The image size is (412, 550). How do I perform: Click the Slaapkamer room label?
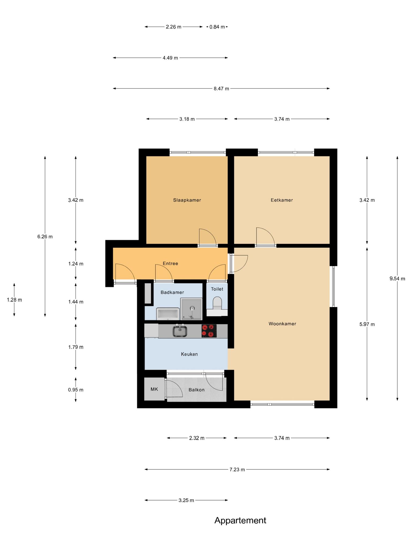coord(187,200)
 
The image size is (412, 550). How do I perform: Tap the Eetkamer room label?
coord(282,200)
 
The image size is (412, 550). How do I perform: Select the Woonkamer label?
coord(282,324)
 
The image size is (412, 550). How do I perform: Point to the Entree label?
coord(170,263)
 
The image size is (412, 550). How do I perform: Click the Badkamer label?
coord(172,292)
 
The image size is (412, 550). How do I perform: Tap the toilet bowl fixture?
coord(217,303)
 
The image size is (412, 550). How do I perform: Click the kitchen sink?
coord(180,331)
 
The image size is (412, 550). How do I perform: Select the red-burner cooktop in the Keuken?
coord(209,331)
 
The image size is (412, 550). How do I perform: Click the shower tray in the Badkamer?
coord(191,309)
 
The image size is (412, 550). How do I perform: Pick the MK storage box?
coord(154,389)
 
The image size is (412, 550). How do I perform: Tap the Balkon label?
coord(196,390)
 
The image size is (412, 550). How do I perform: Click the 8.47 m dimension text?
coord(221,88)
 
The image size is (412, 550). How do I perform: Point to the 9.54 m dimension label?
coord(397,278)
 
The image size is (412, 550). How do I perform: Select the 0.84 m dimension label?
coord(217,27)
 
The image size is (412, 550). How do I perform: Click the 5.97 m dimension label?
coord(367,324)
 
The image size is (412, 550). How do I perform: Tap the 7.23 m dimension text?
coord(237,469)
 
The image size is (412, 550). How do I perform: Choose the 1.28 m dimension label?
coord(14,300)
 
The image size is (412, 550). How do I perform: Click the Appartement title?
coord(240,520)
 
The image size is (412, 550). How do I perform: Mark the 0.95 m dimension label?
coord(76,390)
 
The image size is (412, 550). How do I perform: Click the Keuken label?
coord(189,354)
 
